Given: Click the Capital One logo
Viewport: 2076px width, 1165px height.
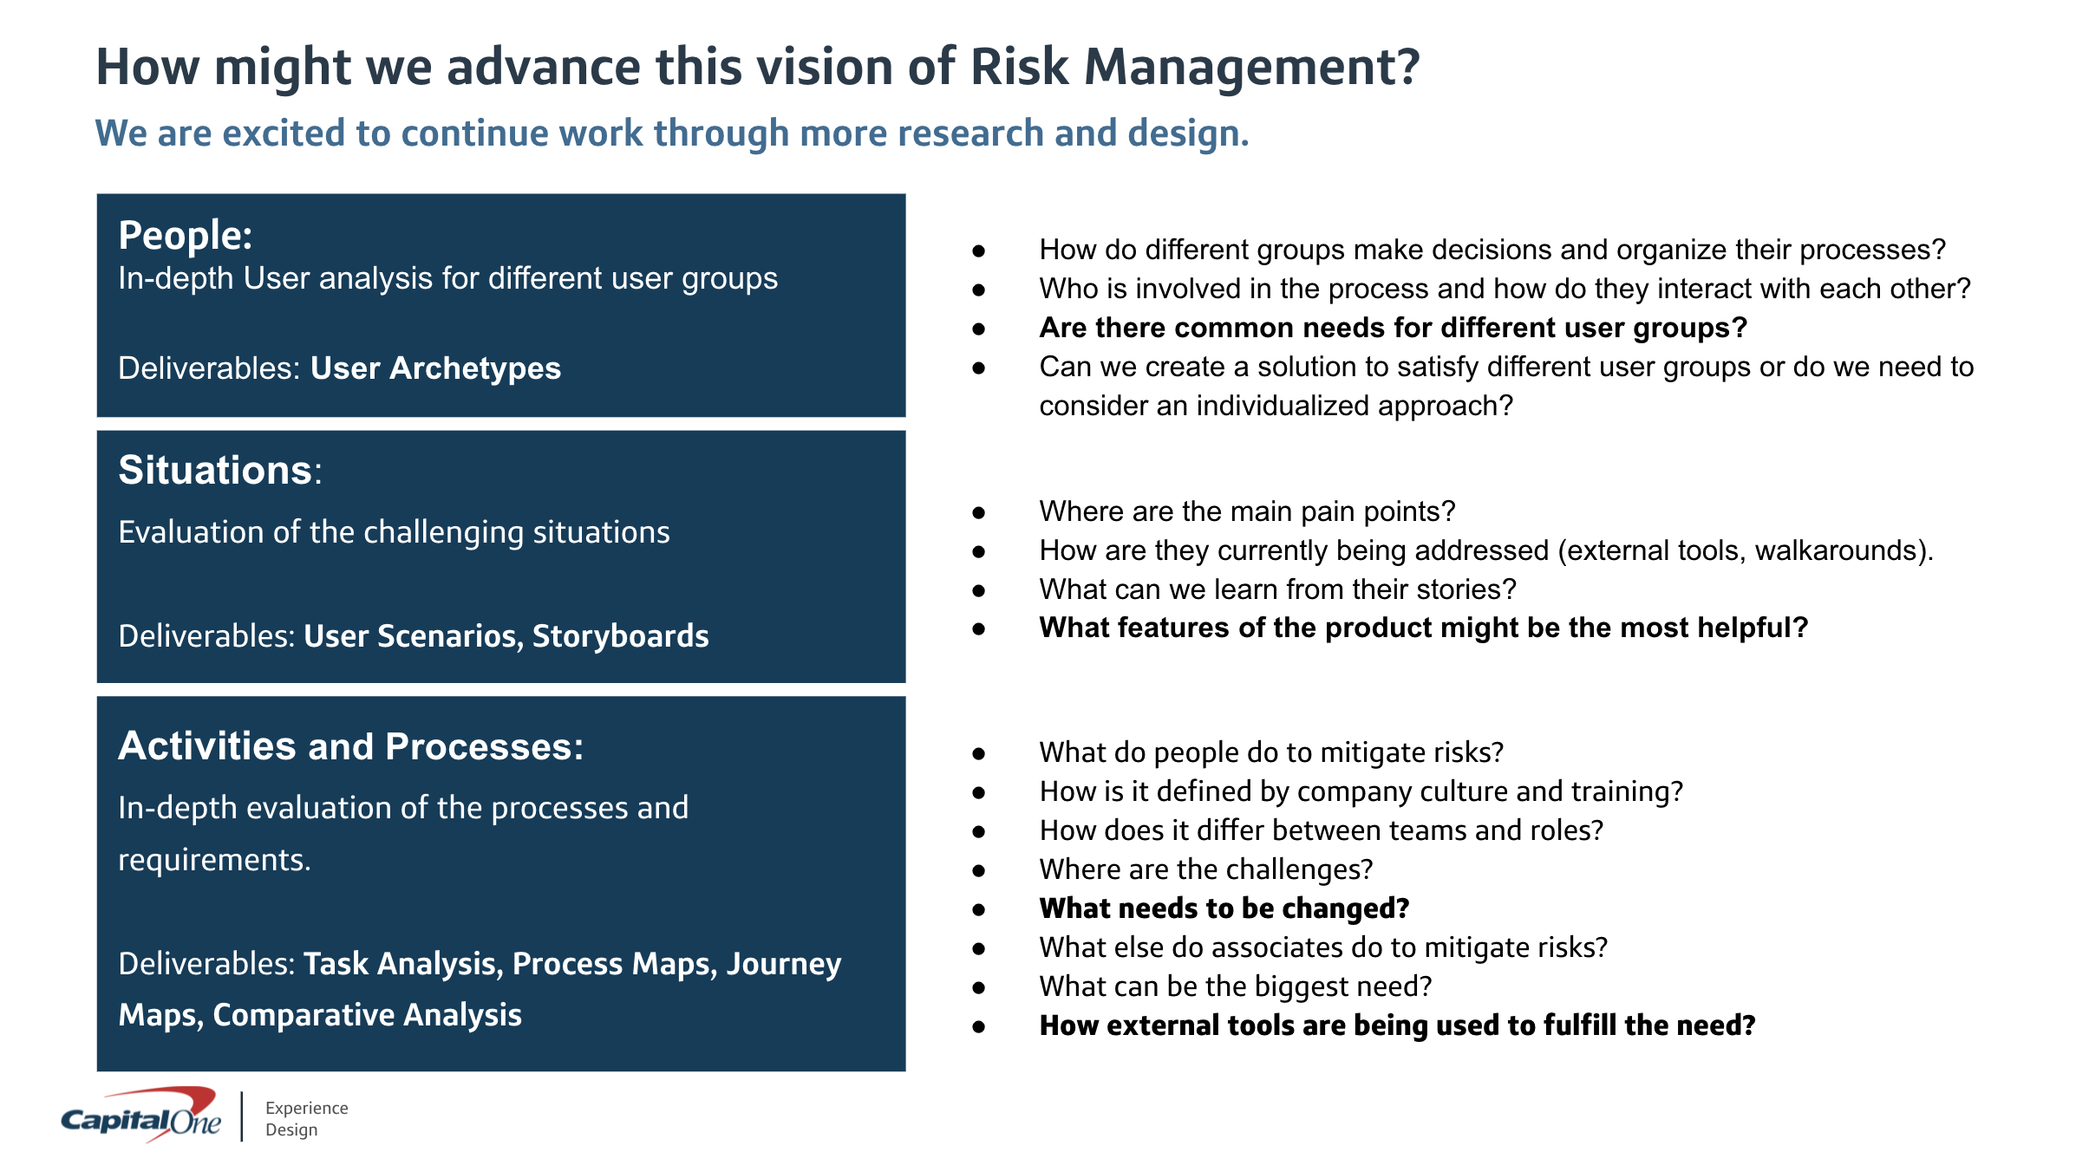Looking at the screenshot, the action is [x=140, y=1116].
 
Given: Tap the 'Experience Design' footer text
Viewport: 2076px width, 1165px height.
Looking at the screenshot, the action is [x=306, y=1118].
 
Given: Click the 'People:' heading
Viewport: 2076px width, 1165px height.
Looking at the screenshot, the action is [x=186, y=235].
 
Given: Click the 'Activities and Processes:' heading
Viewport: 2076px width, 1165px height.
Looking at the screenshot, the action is [x=351, y=746].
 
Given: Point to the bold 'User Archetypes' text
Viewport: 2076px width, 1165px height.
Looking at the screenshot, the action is [x=435, y=368].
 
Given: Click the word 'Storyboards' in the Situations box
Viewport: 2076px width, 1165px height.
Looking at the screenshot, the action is [x=620, y=636].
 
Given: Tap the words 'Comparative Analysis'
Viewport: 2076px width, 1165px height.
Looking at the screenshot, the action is [x=367, y=1015].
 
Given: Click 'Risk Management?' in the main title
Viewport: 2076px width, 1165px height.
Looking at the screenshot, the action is [x=1195, y=68].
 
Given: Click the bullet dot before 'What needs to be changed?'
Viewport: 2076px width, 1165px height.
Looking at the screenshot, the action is [x=979, y=909].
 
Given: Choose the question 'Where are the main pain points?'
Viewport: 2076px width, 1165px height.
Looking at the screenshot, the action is [x=1247, y=511].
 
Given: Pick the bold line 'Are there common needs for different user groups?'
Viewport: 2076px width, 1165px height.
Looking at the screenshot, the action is [x=1393, y=328].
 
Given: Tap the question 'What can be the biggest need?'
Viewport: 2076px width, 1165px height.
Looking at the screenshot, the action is [x=1235, y=986].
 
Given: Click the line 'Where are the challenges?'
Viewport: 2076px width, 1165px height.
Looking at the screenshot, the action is [x=1206, y=869].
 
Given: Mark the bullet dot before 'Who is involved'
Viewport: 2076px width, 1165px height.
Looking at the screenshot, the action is [x=979, y=290].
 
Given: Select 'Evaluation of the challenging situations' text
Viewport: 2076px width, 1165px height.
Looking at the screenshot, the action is [x=394, y=532].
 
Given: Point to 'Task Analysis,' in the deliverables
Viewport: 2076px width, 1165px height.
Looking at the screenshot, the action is [x=403, y=964].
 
